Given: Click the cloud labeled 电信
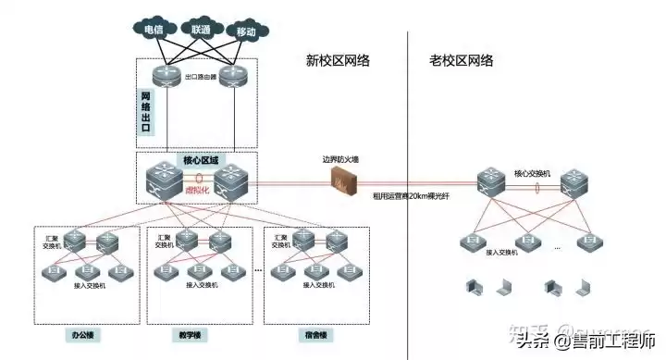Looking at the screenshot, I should tap(154, 30).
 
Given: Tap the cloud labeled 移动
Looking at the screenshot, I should tap(245, 31).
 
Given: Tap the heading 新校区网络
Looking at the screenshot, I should tap(338, 61).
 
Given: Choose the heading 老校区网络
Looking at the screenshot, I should tap(461, 61).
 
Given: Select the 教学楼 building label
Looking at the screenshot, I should tap(189, 331).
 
